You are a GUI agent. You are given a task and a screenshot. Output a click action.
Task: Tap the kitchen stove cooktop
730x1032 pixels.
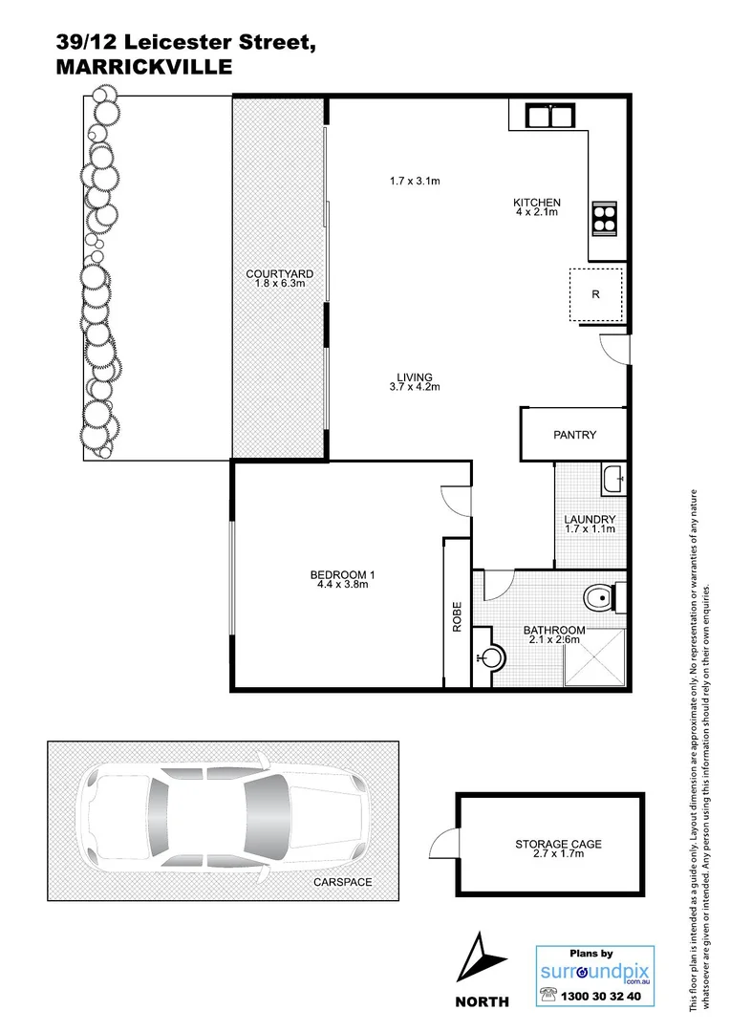[604, 219]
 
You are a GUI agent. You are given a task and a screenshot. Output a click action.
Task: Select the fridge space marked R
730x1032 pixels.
[595, 294]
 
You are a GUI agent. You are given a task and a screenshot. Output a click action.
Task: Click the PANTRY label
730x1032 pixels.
[574, 435]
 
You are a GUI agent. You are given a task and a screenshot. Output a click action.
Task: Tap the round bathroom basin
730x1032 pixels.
[491, 657]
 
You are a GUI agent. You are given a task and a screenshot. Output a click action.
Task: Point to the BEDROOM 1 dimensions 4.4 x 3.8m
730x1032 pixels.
[342, 586]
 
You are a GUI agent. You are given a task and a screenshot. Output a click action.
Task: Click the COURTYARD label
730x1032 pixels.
[279, 274]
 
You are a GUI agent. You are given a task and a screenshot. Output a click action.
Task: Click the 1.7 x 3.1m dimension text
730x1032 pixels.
[414, 181]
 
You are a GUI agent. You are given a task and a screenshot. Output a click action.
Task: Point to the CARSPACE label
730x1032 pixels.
[342, 882]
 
